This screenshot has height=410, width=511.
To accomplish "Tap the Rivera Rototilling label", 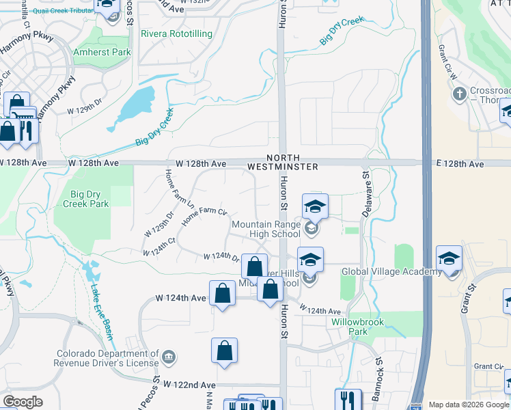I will pos(176,33).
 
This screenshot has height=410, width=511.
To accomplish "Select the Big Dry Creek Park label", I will pos(85,199).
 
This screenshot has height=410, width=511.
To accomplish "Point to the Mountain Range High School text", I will pos(266,229).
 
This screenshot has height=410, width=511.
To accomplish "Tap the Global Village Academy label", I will pos(391,271).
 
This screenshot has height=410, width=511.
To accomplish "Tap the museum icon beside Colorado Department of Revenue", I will pos(169,356).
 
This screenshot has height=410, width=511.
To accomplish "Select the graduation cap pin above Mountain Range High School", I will pos(314,206).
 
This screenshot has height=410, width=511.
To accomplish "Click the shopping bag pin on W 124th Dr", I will pos(254,266).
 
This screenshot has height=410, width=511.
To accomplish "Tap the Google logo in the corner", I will pos(23,402).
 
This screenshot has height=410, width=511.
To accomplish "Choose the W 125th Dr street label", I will pos(158,224).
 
